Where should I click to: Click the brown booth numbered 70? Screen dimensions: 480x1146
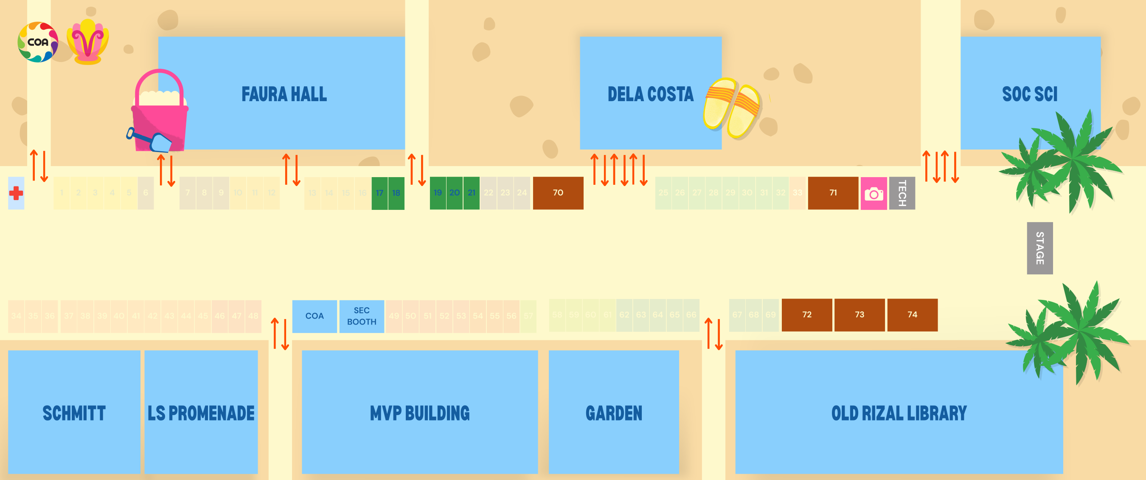pyautogui.click(x=558, y=193)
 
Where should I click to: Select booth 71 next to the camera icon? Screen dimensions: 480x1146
pyautogui.click(x=833, y=193)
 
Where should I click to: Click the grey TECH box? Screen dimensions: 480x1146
pyautogui.click(x=902, y=193)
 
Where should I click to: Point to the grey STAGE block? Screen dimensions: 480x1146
pyautogui.click(x=1039, y=248)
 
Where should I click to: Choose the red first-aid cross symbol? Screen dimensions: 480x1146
pyautogui.click(x=16, y=193)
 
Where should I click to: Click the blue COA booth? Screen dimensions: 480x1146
pyautogui.click(x=314, y=316)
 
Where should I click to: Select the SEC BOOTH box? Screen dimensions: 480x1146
pyautogui.click(x=362, y=316)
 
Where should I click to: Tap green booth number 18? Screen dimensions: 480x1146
pyautogui.click(x=396, y=193)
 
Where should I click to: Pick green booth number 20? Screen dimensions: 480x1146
pyautogui.click(x=454, y=193)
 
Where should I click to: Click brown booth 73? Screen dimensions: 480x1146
pyautogui.click(x=859, y=315)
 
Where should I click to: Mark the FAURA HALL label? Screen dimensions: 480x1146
pyautogui.click(x=284, y=94)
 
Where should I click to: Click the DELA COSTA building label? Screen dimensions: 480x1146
pyautogui.click(x=650, y=94)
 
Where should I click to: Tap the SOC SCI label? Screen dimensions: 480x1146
pyautogui.click(x=1029, y=94)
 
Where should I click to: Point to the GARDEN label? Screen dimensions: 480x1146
pyautogui.click(x=613, y=413)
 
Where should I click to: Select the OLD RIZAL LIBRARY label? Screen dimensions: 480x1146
pyautogui.click(x=899, y=413)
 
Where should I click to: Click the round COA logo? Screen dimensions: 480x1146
pyautogui.click(x=38, y=42)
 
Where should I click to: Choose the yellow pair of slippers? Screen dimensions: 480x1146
pyautogui.click(x=732, y=108)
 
